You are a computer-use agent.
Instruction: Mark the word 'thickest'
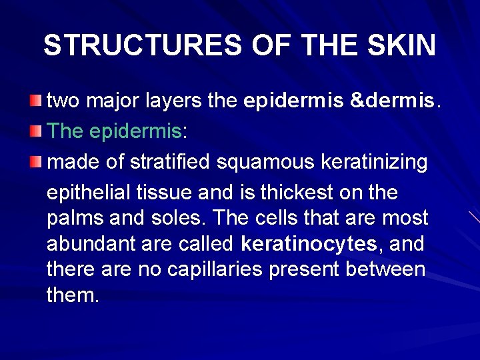[x=305, y=193]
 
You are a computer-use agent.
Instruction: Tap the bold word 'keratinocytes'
[x=309, y=245]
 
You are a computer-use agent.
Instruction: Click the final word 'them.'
[x=73, y=295]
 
